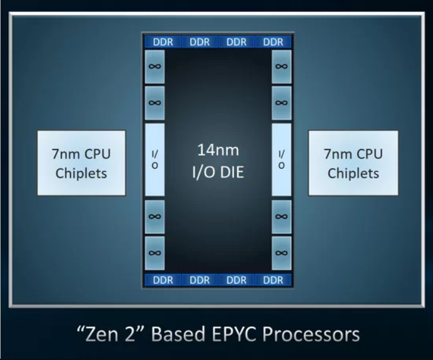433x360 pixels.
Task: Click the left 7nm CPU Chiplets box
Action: pyautogui.click(x=82, y=163)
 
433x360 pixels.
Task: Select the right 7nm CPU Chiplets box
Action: pyautogui.click(x=353, y=163)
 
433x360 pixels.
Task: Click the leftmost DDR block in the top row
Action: pyautogui.click(x=163, y=42)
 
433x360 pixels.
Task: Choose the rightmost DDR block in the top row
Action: pyautogui.click(x=273, y=42)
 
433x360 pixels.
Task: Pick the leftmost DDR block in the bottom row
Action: pyautogui.click(x=163, y=280)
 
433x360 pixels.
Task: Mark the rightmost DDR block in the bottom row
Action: pyautogui.click(x=273, y=280)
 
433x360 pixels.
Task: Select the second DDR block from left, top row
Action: pyautogui.click(x=200, y=42)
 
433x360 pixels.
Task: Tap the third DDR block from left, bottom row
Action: pyautogui.click(x=237, y=280)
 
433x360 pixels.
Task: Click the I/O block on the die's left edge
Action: pyautogui.click(x=154, y=159)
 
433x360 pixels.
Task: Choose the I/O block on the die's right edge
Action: pyautogui.click(x=281, y=159)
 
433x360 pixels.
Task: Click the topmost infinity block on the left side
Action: pyautogui.click(x=154, y=66)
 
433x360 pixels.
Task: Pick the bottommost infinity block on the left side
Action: pyautogui.click(x=154, y=253)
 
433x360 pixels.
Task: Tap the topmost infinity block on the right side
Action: pyautogui.click(x=281, y=66)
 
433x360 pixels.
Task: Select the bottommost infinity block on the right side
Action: pyautogui.click(x=281, y=253)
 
